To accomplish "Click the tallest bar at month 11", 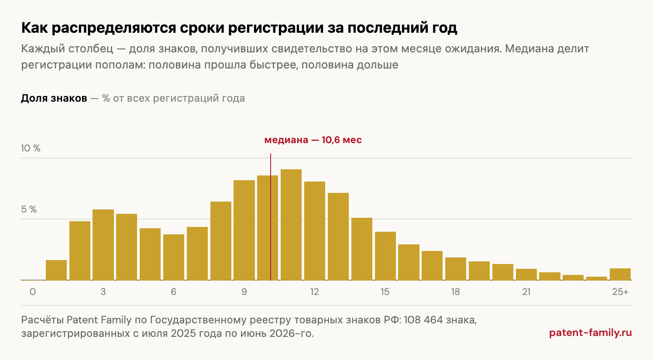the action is [291, 225].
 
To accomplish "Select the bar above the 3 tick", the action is [103, 245].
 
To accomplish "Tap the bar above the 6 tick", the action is [174, 257].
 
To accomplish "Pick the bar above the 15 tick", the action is [385, 256].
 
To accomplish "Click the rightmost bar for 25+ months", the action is [620, 274].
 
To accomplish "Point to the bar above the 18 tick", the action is [456, 269].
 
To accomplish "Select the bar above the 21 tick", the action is [526, 274].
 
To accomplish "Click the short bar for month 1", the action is [56, 270].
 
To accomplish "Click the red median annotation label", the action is [313, 140].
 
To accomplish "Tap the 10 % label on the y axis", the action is [31, 148].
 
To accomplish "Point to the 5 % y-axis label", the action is [29, 209].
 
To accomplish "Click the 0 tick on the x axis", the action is [33, 292].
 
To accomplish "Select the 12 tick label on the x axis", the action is [315, 292].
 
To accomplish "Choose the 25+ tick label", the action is [620, 292].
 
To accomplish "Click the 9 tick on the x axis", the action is [244, 292].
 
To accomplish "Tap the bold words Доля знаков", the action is [54, 98].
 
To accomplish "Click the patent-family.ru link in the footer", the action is [591, 333].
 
